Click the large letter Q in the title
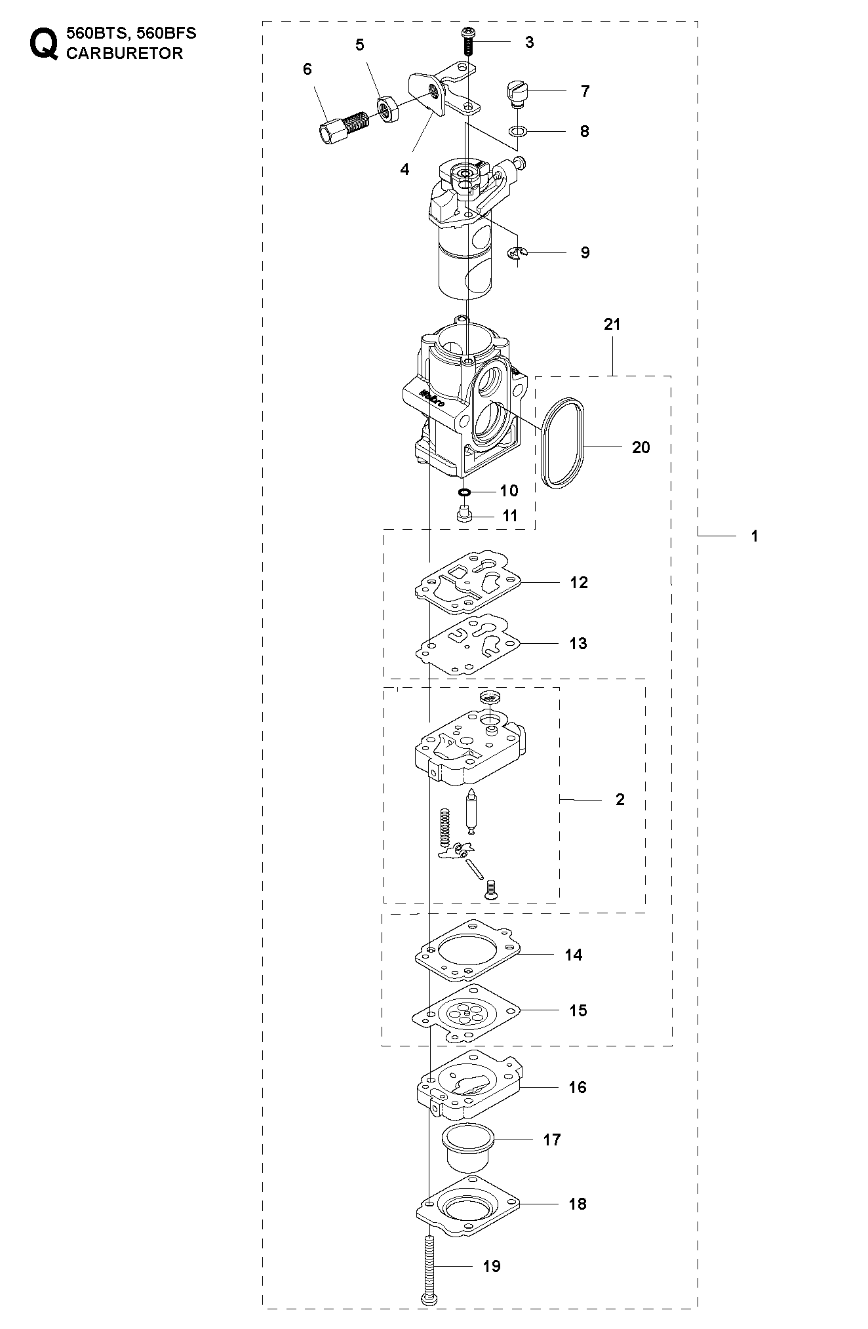[x=43, y=44]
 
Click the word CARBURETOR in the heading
[x=125, y=53]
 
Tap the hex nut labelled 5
[x=388, y=108]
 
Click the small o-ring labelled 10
[x=465, y=492]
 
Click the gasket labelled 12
[x=467, y=582]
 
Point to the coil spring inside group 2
[x=444, y=833]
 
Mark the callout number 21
[x=612, y=324]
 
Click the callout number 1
[x=755, y=536]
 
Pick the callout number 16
[x=577, y=1087]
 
